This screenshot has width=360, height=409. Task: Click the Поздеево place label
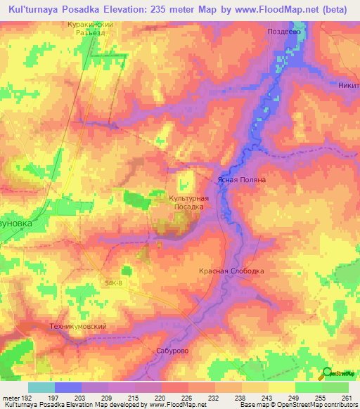(284, 32)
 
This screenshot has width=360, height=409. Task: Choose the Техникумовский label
(78, 326)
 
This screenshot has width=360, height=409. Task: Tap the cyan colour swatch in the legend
(41, 387)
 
